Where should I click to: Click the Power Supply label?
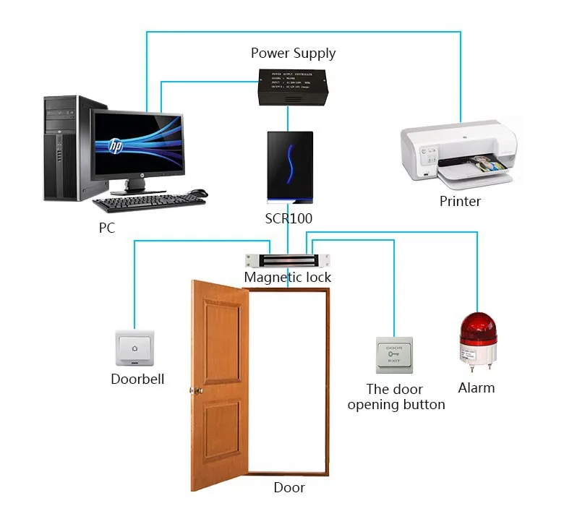[293, 53]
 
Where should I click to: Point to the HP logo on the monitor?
[116, 145]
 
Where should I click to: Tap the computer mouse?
[197, 193]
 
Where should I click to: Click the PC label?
[106, 228]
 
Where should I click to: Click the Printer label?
[460, 202]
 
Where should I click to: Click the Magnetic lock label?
[288, 278]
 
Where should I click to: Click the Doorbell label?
[137, 379]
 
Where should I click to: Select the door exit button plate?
[394, 355]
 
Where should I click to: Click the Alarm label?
[477, 388]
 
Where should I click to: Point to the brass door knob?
[194, 391]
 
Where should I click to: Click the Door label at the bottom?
[289, 488]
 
